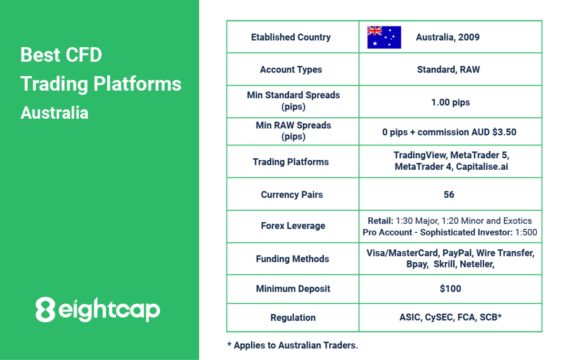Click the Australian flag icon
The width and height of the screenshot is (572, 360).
point(384,37)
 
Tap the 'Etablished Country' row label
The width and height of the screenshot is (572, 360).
point(291,37)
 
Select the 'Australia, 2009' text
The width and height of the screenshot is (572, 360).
point(448,37)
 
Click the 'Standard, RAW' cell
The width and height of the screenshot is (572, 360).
point(449,70)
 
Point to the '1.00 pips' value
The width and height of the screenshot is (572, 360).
point(450,103)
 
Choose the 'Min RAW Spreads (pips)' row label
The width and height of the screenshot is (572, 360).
point(293,131)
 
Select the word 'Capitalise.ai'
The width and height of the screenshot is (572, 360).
point(482,166)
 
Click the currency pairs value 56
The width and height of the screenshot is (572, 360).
point(449,195)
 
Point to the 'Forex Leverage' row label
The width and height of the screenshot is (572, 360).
point(293,226)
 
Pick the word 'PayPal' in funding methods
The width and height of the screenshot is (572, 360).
point(458,253)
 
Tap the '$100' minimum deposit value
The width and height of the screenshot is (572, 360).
point(450,289)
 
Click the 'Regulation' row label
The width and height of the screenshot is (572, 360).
point(293,318)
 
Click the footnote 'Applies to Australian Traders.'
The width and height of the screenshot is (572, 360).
point(296,345)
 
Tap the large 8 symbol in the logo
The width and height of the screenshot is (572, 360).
point(45,309)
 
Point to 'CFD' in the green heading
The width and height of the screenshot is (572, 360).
point(83,55)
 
